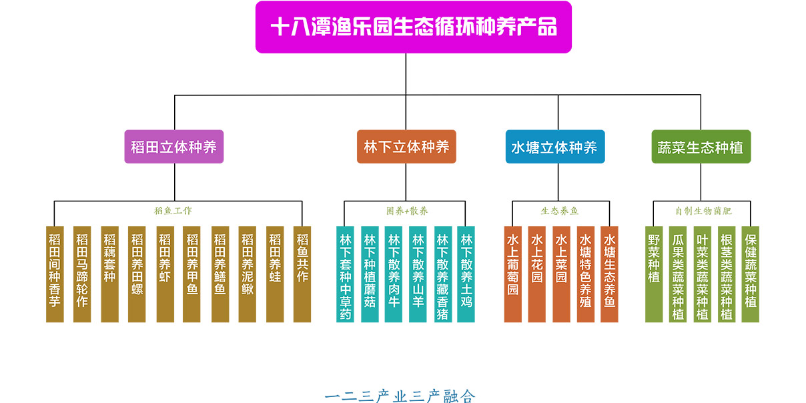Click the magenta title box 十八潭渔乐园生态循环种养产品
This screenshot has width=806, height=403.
coord(413,27)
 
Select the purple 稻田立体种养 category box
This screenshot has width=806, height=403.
coord(174,147)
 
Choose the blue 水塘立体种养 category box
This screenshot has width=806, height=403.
coord(554,147)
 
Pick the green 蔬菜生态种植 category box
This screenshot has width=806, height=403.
coord(701,147)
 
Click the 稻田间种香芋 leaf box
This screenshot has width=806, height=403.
coord(55,274)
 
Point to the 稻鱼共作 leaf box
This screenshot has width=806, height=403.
coord(302,274)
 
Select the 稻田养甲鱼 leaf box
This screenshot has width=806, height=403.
coord(192,274)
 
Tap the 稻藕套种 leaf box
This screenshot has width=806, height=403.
coord(109,274)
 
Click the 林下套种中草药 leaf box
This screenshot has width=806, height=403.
coord(346,274)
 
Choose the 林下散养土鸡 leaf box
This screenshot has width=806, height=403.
coord(466,274)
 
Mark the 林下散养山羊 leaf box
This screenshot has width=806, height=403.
coord(418,274)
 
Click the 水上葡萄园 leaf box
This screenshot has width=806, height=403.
coord(512,274)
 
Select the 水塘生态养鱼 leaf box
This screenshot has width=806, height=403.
coord(609,274)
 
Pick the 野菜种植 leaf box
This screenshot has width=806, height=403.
coord(654,274)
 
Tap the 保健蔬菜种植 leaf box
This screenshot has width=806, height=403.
coord(751,274)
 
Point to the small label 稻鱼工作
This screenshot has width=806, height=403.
coord(173,211)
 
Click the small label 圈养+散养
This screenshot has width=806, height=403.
coord(406,211)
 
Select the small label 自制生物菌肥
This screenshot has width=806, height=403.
coord(703,211)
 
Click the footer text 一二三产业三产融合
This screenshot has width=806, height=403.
coord(400,396)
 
